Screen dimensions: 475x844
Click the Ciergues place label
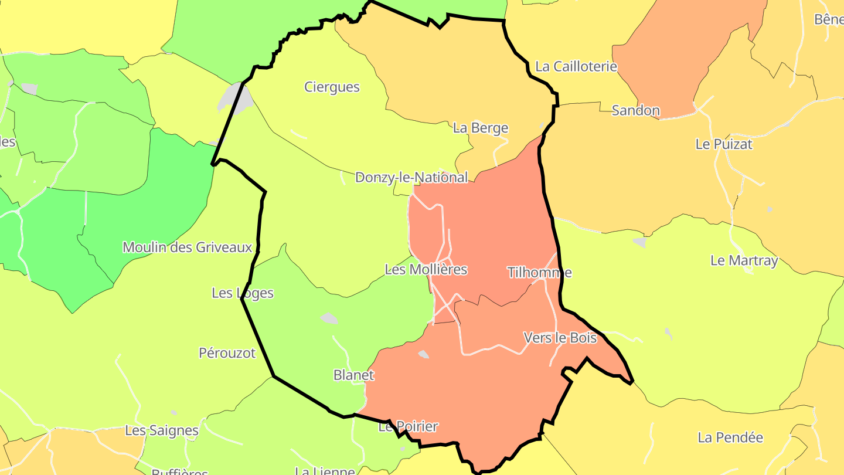click(332, 87)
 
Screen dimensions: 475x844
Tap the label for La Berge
click(481, 128)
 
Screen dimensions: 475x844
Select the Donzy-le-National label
click(411, 177)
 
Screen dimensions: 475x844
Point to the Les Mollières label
click(426, 269)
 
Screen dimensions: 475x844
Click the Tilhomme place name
click(539, 272)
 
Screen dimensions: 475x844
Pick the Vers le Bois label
click(560, 338)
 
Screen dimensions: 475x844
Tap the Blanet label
click(353, 375)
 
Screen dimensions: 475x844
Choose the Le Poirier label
click(408, 426)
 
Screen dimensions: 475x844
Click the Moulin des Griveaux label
click(188, 247)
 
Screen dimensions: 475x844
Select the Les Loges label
click(243, 293)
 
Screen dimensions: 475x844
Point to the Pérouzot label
click(227, 353)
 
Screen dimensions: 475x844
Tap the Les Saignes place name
click(162, 430)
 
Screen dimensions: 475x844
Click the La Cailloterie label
click(576, 66)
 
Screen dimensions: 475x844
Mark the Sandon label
click(636, 110)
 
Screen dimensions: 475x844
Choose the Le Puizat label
click(724, 144)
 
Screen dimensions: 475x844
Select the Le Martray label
click(744, 260)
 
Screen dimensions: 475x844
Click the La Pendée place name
click(730, 437)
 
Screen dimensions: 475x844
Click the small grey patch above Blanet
click(329, 318)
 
